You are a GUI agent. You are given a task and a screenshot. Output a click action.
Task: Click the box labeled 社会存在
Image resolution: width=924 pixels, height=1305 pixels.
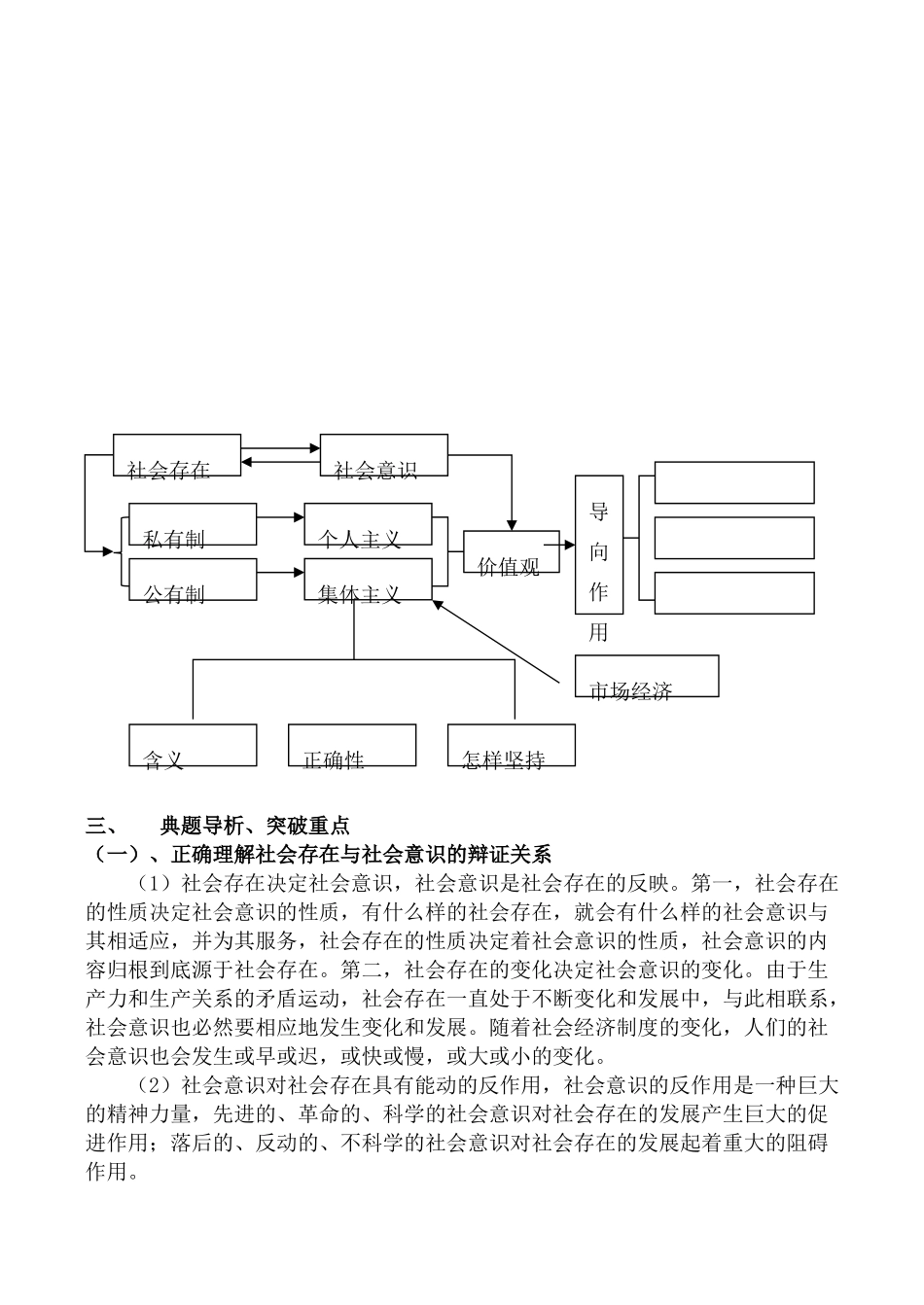point(177,455)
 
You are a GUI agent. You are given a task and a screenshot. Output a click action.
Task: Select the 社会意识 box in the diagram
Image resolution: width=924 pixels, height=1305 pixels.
point(384,455)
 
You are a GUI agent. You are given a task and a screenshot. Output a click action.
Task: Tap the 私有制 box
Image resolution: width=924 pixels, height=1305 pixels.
point(193,524)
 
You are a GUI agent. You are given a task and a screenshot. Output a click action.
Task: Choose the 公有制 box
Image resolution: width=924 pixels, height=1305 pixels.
point(193,580)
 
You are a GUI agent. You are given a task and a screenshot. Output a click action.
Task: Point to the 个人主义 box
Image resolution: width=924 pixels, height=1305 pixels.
point(368,524)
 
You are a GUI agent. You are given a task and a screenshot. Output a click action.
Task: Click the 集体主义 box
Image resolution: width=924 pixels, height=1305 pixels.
point(368,580)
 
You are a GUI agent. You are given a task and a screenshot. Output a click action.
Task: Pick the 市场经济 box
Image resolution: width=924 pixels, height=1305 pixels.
point(647,676)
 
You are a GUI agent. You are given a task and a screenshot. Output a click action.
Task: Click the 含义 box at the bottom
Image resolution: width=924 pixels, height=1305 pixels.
point(193,745)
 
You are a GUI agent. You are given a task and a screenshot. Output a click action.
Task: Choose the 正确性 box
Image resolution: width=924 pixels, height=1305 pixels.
point(352,745)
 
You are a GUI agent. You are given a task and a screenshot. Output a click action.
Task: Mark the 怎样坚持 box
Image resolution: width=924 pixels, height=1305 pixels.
point(512,745)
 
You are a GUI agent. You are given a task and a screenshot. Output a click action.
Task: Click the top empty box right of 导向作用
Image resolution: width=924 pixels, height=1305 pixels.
point(734,482)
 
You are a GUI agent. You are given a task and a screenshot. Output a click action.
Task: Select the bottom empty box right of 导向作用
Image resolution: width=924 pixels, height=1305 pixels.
point(734,593)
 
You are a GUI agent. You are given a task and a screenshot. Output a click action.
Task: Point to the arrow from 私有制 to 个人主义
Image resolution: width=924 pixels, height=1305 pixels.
point(280,518)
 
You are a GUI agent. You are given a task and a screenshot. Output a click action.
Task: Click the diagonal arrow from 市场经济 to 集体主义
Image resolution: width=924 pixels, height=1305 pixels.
point(496,644)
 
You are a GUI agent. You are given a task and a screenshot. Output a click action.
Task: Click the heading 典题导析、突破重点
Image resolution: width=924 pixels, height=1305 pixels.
point(255,827)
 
